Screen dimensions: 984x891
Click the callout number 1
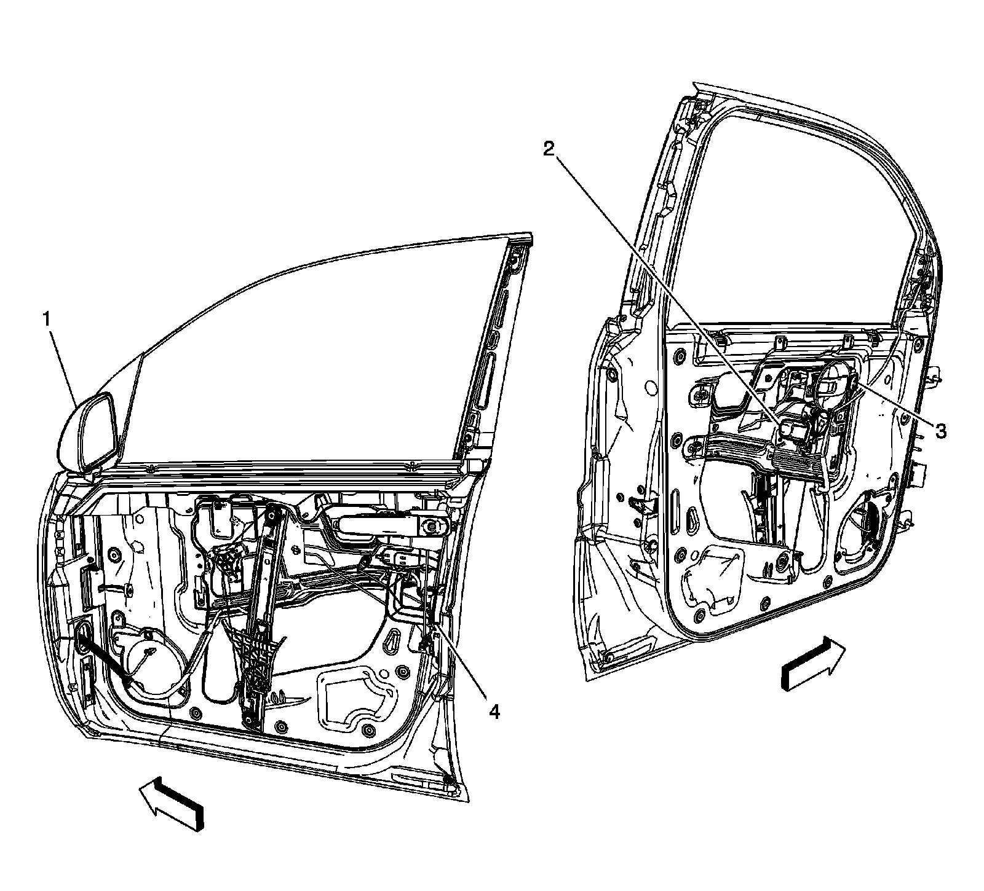click(46, 318)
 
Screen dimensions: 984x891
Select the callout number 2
click(549, 149)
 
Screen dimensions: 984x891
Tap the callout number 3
click(940, 431)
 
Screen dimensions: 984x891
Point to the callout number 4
click(493, 712)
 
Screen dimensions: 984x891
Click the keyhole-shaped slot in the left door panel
click(392, 643)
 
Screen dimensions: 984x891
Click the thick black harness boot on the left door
click(101, 657)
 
